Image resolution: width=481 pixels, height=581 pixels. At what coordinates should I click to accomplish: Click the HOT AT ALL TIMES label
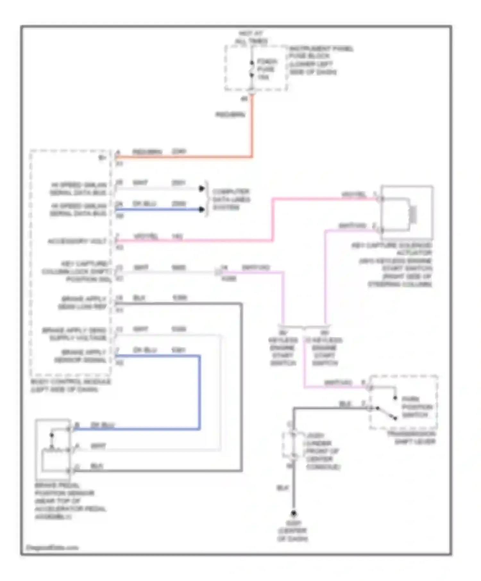click(251, 37)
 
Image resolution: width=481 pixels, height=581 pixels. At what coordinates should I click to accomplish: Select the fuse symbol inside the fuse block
click(252, 69)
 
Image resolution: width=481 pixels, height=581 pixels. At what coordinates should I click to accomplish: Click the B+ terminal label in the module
click(102, 158)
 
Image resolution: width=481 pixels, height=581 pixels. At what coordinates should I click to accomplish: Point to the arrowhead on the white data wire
click(202, 189)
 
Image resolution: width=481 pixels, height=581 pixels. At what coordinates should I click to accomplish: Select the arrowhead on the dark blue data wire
click(202, 209)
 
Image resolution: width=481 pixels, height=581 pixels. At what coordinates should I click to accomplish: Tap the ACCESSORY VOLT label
click(77, 241)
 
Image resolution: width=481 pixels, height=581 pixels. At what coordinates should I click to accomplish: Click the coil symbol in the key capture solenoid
click(413, 214)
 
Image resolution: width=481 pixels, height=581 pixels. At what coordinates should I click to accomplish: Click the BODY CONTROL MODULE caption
click(70, 385)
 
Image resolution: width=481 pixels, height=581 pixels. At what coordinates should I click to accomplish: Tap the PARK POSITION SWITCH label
click(417, 407)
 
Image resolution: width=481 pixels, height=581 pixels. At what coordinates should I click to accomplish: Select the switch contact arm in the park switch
click(386, 413)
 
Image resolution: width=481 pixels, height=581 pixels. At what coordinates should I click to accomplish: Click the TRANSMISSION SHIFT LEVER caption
click(412, 438)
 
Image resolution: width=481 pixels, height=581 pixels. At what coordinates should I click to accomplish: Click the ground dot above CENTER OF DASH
click(293, 513)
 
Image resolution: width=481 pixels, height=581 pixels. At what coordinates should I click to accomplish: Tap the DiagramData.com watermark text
click(52, 547)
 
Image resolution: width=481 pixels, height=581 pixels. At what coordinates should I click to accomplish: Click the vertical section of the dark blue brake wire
click(199, 392)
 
